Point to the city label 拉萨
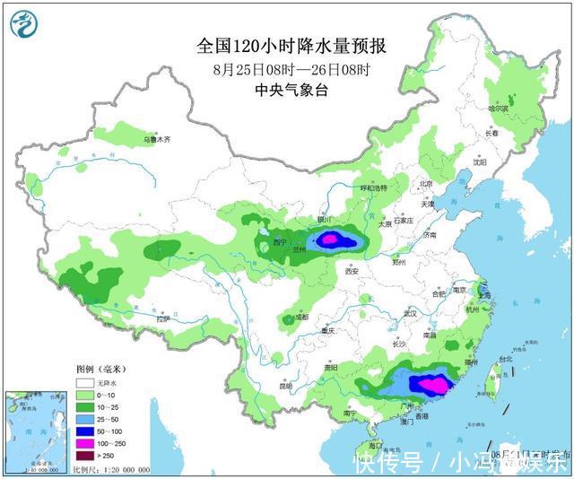(162, 318)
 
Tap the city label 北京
(426, 184)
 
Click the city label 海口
(375, 445)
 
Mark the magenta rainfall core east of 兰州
(330, 239)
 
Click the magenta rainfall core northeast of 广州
(433, 385)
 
